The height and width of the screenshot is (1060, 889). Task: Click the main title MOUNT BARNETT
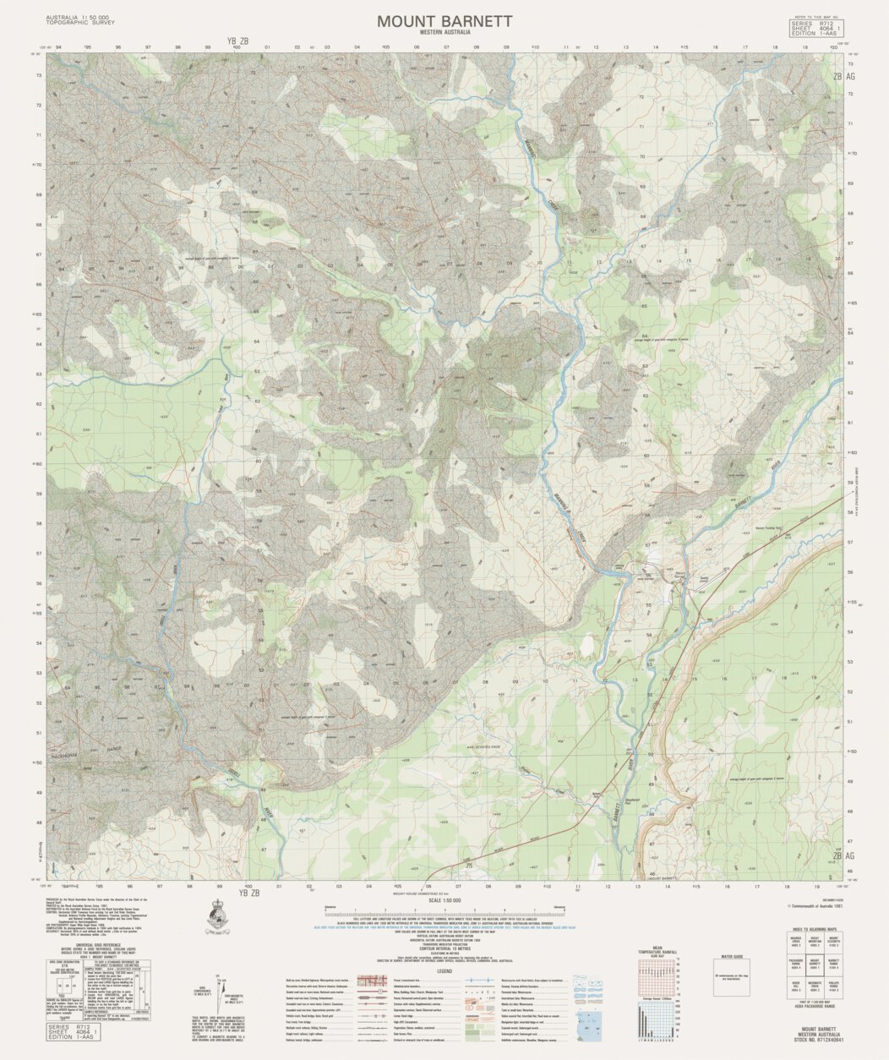pyautogui.click(x=444, y=20)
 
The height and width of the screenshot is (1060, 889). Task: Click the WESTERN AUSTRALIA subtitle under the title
pyautogui.click(x=444, y=32)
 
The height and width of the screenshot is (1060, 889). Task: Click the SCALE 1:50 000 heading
pyautogui.click(x=444, y=902)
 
